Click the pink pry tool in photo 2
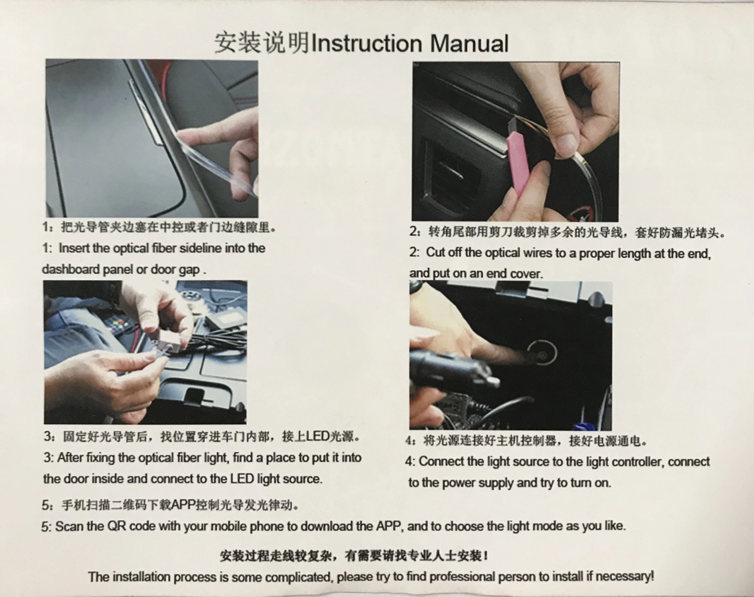point(518,164)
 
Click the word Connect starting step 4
point(441,462)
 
